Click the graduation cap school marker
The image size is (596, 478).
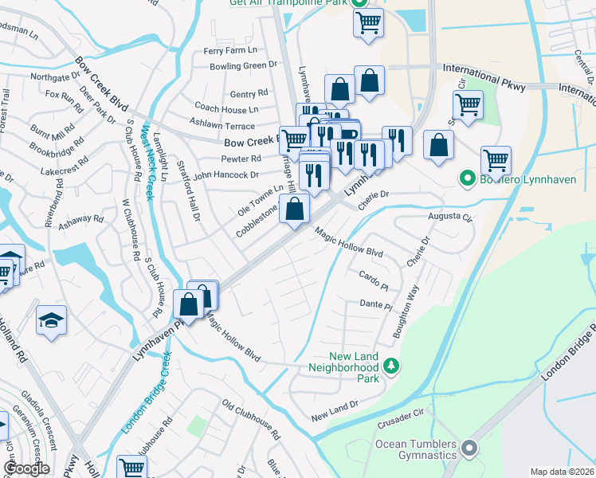pos(52,320)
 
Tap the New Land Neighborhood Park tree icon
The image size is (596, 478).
pos(391,366)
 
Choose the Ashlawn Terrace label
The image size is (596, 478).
pos(222,126)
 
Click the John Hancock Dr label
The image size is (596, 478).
pos(225,174)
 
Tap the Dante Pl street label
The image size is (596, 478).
pos(376,305)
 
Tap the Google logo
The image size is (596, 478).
pos(26,468)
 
